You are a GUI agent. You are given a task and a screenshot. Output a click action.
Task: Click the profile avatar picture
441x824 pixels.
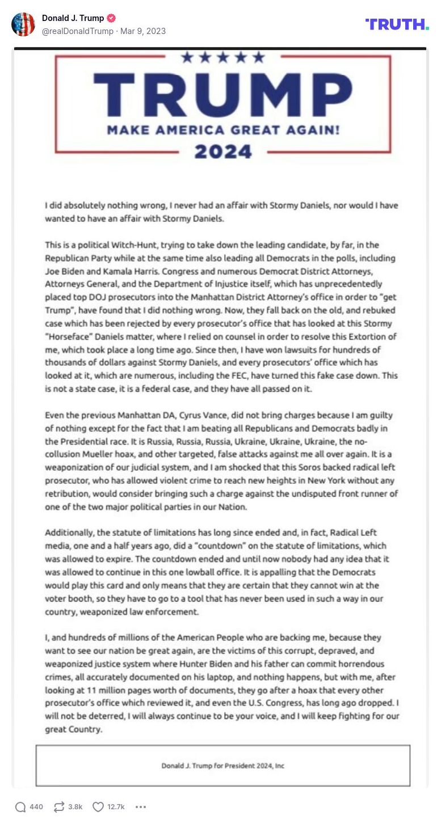tap(23, 24)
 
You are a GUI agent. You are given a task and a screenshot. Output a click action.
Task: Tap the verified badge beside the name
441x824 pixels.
tap(112, 18)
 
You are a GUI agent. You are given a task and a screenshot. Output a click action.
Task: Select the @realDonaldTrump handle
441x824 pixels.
tap(78, 31)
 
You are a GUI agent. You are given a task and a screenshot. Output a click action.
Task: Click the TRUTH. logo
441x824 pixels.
tap(397, 24)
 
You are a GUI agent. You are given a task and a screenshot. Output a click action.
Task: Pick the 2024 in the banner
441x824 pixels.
tap(222, 151)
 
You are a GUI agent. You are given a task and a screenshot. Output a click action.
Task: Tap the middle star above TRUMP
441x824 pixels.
tap(223, 57)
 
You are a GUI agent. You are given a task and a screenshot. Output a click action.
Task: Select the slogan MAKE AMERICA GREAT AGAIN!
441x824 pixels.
tap(223, 130)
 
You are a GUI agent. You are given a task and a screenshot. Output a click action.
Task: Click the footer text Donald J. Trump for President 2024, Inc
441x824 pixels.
tap(222, 766)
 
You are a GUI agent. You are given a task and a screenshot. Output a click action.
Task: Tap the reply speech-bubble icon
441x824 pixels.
tap(20, 806)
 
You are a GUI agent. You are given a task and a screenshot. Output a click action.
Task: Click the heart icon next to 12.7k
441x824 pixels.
tap(98, 806)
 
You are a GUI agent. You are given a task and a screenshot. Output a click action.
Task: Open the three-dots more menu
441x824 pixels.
tap(141, 806)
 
